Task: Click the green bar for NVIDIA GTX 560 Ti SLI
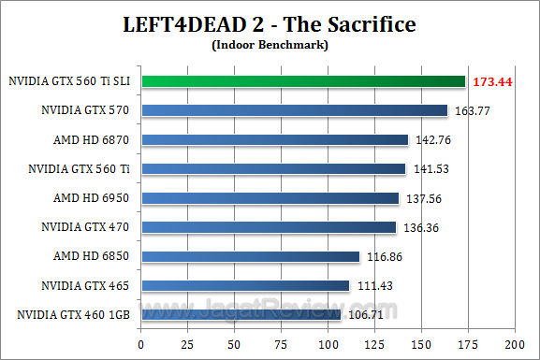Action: (x=302, y=81)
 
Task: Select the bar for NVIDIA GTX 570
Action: (x=294, y=110)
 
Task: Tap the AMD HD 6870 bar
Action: (x=274, y=139)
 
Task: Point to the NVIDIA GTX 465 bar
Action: (x=244, y=285)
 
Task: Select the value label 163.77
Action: (x=474, y=111)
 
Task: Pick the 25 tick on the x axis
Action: (x=187, y=343)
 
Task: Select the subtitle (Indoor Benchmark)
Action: (x=270, y=44)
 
